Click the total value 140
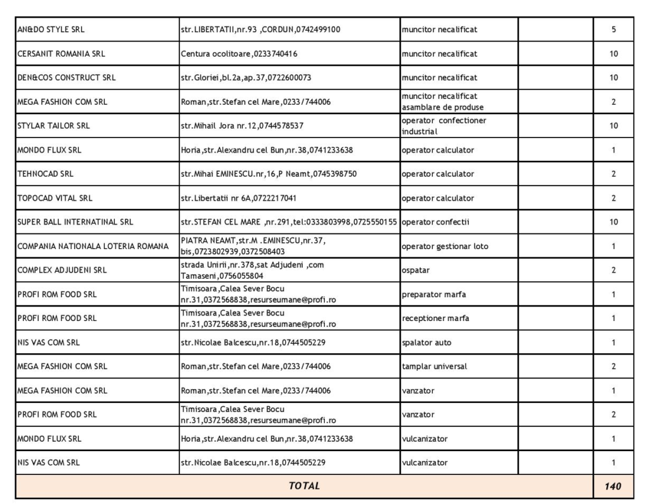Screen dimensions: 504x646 pyautogui.click(x=613, y=486)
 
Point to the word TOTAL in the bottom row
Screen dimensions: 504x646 pyautogui.click(x=304, y=486)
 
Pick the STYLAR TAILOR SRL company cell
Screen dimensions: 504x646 pyautogui.click(x=54, y=126)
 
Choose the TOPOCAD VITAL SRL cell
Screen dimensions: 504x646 pyautogui.click(x=56, y=198)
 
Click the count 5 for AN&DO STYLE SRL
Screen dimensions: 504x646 pyautogui.click(x=613, y=30)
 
